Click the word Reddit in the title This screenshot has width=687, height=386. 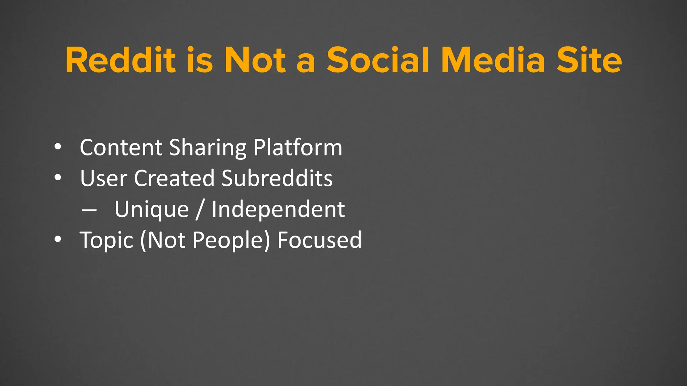(x=120, y=60)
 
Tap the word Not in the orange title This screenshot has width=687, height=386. (x=255, y=60)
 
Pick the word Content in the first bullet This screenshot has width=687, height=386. (x=121, y=147)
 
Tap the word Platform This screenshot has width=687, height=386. (x=298, y=147)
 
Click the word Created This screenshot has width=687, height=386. (x=174, y=178)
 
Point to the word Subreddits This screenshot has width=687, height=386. (x=277, y=178)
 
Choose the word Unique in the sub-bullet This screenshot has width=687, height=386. (x=152, y=210)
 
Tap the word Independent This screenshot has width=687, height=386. (x=278, y=210)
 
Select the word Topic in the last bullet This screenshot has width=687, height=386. (x=107, y=241)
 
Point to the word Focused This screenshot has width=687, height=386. (x=320, y=240)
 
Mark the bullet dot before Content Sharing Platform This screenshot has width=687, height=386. (x=58, y=147)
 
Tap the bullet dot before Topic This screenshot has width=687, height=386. (x=58, y=240)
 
